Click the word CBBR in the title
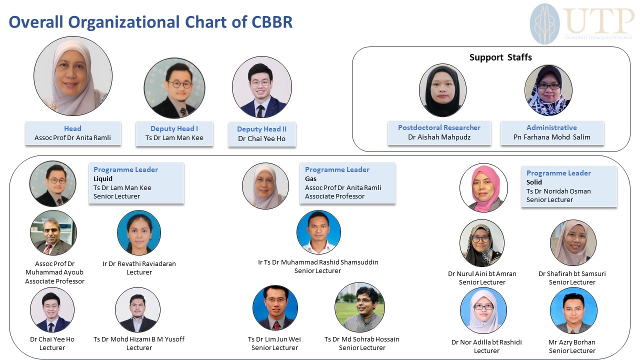coord(272,22)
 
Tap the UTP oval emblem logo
coord(544,24)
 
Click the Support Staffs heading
coord(500,57)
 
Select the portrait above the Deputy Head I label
coord(174,88)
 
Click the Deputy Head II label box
coord(262,134)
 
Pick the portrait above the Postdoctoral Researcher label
coord(442,90)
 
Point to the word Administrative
coord(551,127)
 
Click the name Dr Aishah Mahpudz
coord(439,137)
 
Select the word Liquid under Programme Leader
coord(103,179)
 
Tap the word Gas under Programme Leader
coord(310,179)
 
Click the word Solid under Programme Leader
coord(534,182)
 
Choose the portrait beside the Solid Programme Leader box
coord(483,187)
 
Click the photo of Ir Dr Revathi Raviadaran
coord(139,232)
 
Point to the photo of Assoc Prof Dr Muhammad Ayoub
coord(53,232)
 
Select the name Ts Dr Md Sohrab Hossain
coord(361,339)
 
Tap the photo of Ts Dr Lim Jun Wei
coord(275,307)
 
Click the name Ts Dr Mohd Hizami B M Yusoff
coord(139,339)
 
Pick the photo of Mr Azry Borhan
coord(573,310)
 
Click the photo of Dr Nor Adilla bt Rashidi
coord(483,310)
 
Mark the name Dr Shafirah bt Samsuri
coord(572,273)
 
